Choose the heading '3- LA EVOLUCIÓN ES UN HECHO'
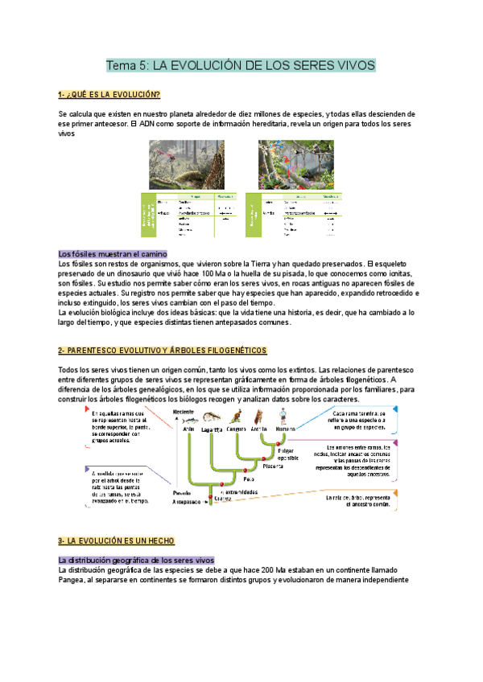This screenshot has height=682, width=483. point(117,540)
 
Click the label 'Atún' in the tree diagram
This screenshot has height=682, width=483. point(190,429)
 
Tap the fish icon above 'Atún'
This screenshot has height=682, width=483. point(190,419)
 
